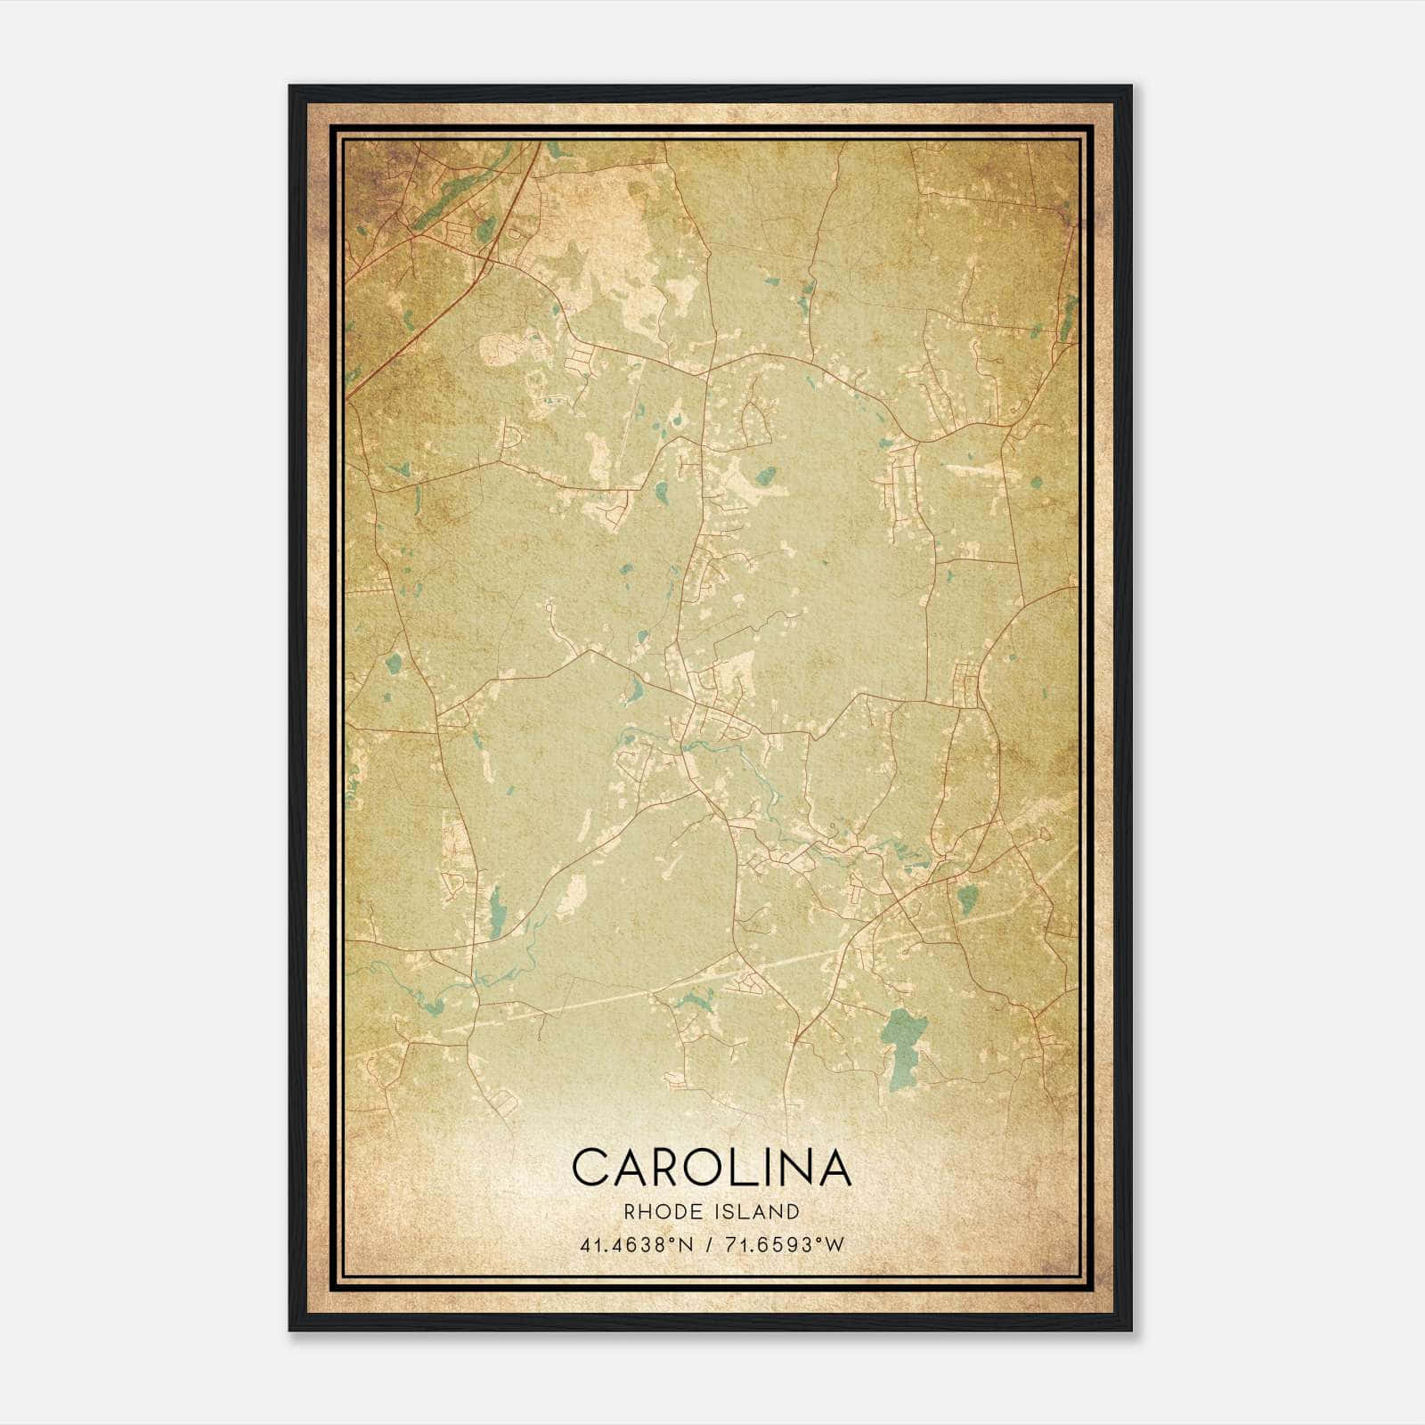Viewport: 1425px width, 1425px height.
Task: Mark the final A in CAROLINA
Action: coord(834,1167)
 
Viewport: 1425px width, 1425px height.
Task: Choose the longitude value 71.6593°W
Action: coord(783,1245)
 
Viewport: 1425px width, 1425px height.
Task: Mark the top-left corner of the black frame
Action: coord(291,87)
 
